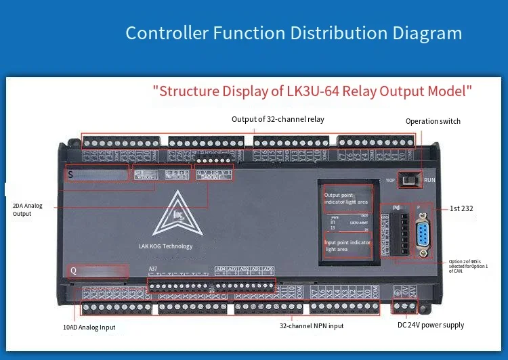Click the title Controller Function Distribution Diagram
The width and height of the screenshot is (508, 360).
pos(294,33)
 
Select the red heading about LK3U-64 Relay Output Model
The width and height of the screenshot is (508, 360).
pos(312,91)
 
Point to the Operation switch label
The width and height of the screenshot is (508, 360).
pos(433,121)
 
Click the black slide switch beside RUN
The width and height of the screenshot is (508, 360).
pos(408,180)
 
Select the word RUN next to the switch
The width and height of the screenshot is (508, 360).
pos(429,181)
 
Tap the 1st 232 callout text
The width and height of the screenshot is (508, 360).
pos(461,209)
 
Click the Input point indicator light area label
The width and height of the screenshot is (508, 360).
pos(347,246)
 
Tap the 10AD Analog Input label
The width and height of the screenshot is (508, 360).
pos(89,327)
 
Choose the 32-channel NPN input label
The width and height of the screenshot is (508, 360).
pos(312,325)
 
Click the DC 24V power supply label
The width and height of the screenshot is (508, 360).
pos(431,325)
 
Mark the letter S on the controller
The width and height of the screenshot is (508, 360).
pos(70,175)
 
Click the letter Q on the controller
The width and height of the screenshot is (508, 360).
pos(73,271)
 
